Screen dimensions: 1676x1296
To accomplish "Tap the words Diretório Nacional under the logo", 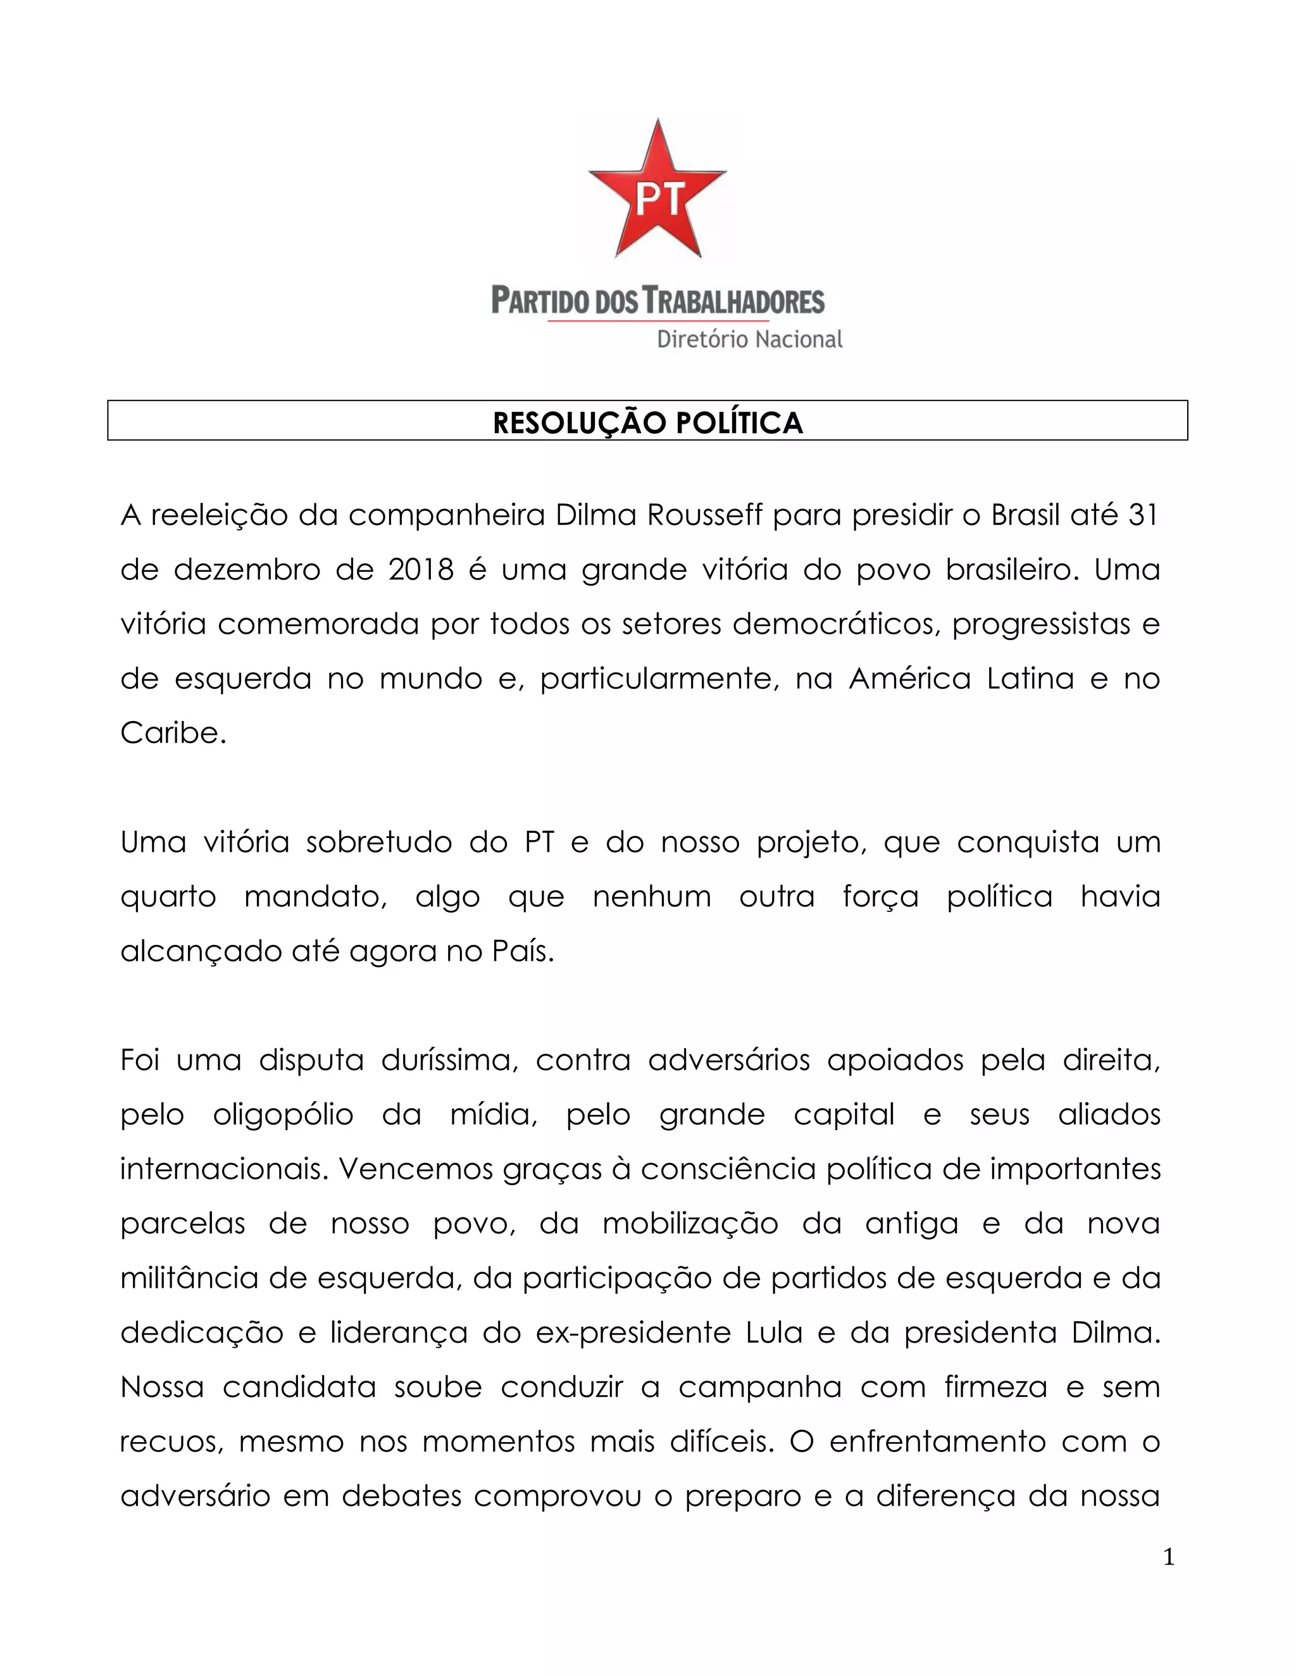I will click(x=749, y=339).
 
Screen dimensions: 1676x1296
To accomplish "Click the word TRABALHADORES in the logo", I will click(x=733, y=301).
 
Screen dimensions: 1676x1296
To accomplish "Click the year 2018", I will click(x=421, y=570).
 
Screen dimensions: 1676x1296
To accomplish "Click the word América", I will click(x=910, y=679).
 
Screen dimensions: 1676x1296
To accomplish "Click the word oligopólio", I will click(x=283, y=1115).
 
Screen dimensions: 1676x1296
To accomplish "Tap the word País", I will click(x=523, y=952).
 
